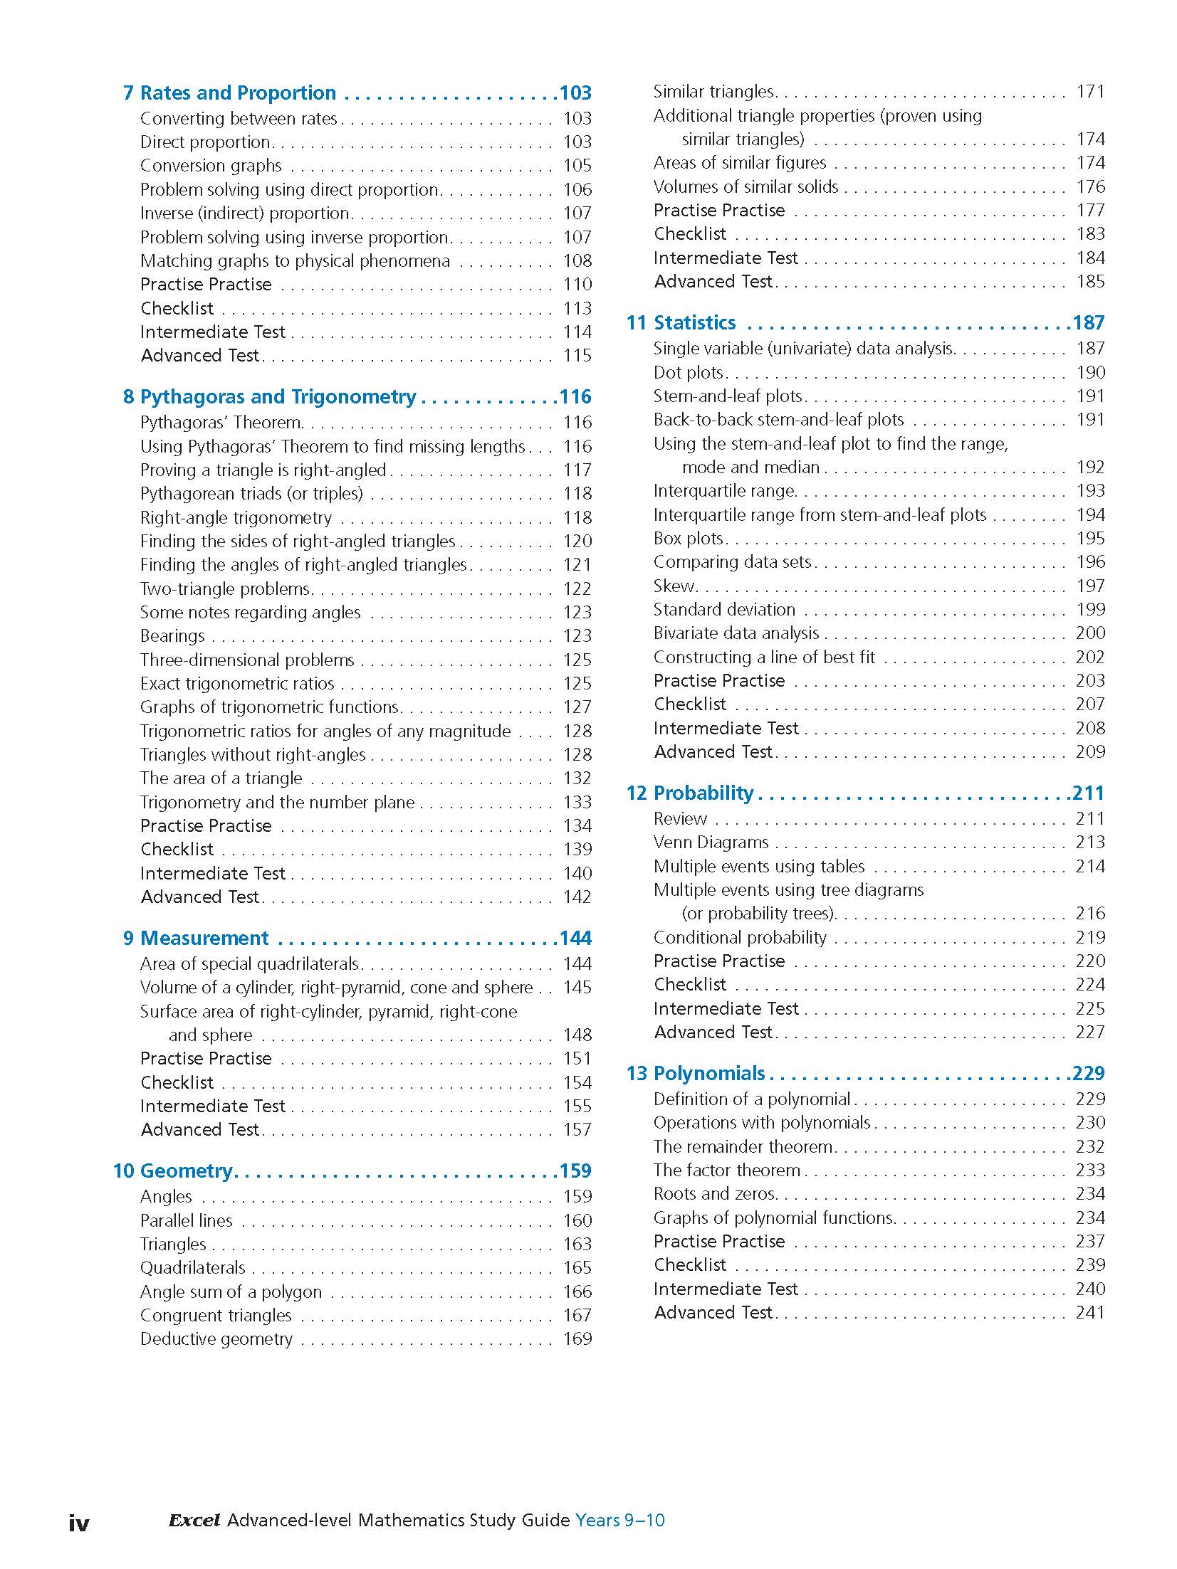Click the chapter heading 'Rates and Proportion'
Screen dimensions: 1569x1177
coord(238,93)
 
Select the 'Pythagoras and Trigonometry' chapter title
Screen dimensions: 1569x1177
coord(278,397)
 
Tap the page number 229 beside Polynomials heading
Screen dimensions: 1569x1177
coord(1089,1073)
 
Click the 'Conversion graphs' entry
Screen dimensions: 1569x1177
coord(211,166)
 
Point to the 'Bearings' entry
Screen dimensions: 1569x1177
coord(172,636)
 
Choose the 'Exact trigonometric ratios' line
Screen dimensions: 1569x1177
coord(237,684)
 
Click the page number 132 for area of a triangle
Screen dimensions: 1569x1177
coord(577,778)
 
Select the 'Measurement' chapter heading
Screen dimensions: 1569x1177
coord(204,939)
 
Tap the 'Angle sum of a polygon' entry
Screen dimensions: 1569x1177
coord(231,1291)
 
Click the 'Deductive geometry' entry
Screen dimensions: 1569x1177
coord(216,1339)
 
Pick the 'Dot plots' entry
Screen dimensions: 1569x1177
coord(688,373)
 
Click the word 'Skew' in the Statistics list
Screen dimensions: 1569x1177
coord(673,586)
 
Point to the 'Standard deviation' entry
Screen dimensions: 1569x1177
coord(724,610)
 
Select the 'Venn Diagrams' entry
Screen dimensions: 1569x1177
coord(711,842)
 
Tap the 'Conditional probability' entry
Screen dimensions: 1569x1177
coord(740,938)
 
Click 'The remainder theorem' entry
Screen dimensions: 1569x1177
coord(743,1147)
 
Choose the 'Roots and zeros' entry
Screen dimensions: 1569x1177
coord(714,1194)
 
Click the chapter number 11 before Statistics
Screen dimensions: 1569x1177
coord(636,323)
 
